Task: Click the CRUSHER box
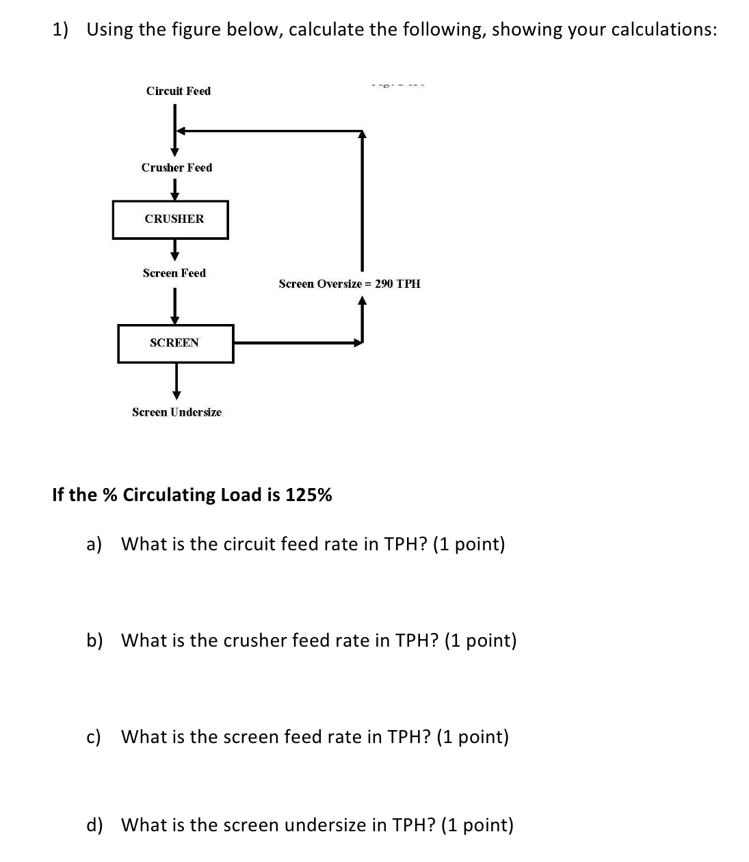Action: (x=171, y=219)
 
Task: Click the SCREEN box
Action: (x=175, y=343)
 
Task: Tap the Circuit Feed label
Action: (x=179, y=91)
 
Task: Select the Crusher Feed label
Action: (x=176, y=167)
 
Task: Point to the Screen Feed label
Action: (x=174, y=273)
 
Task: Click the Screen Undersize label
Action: (x=176, y=412)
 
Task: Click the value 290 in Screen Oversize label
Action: (x=384, y=284)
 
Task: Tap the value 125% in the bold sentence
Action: (x=308, y=495)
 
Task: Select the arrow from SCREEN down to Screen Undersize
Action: (x=176, y=381)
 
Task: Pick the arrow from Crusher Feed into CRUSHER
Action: (x=175, y=189)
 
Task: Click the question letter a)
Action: (x=94, y=544)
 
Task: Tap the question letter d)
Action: (x=94, y=825)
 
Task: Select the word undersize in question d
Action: (x=325, y=825)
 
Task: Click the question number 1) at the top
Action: (x=61, y=29)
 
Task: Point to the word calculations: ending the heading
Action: (x=663, y=29)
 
